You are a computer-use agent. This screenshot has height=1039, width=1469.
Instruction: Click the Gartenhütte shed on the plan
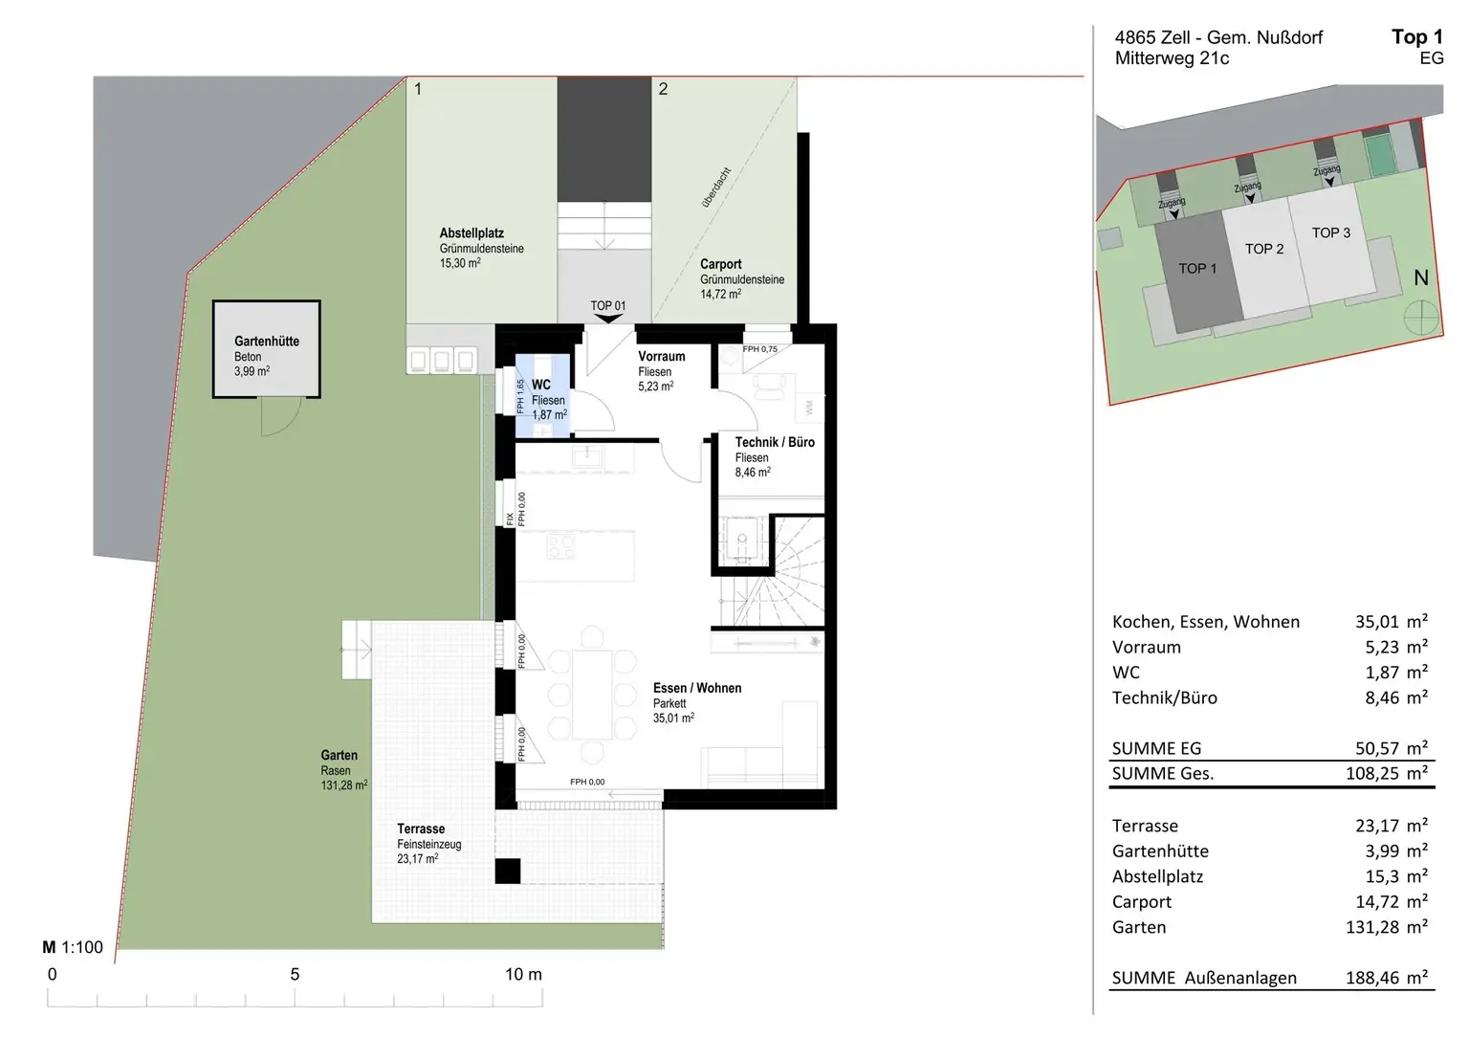pos(266,349)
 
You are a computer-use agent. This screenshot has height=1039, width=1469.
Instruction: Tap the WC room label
pos(541,385)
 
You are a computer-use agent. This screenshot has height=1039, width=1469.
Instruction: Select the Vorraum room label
pos(662,356)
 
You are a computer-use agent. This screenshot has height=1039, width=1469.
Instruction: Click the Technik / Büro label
pos(775,442)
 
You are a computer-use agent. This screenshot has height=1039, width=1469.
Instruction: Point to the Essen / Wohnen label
pos(697,688)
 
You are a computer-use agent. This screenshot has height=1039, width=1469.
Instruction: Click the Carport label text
pos(721,264)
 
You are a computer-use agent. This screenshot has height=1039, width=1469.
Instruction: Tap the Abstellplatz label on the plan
pos(471,232)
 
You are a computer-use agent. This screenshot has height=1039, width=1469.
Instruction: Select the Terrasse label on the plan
pos(421,829)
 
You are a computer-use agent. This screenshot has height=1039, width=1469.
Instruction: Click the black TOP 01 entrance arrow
pos(608,319)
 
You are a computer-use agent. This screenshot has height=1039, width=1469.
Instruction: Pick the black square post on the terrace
pos(508,871)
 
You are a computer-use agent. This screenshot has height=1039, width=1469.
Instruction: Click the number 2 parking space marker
pos(663,89)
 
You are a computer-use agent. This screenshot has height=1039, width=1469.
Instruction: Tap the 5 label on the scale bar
pos(296,974)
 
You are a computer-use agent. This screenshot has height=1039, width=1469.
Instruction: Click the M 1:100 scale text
pos(73,947)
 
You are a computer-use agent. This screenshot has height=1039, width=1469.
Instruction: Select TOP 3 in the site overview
pos(1330,232)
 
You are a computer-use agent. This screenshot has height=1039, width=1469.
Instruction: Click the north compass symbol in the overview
pos(1420,320)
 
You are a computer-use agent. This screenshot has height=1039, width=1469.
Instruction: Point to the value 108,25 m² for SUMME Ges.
pos(1387,773)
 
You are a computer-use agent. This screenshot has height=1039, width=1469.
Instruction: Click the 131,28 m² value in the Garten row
pos(1387,927)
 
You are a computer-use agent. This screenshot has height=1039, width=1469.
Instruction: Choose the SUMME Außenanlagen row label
pos(1204,978)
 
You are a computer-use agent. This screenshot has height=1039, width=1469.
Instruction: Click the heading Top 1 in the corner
pos(1417,37)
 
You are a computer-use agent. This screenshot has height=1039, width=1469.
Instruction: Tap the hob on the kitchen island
pos(560,546)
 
